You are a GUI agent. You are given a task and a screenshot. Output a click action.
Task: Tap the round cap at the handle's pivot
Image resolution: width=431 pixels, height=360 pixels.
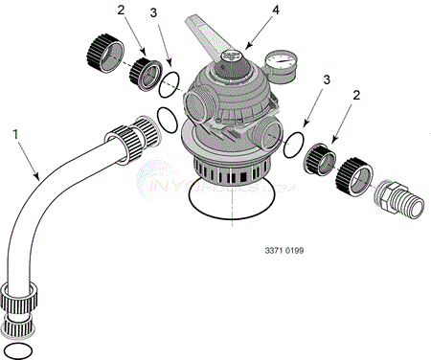tap(230, 58)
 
